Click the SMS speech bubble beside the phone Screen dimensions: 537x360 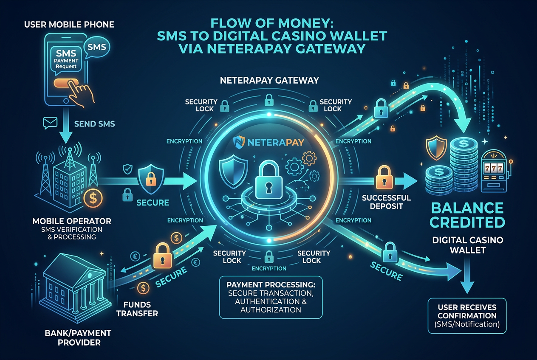coord(96,48)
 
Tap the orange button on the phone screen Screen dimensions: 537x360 coord(66,83)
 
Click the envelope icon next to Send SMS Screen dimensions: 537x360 coord(50,123)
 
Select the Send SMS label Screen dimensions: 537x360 coord(94,124)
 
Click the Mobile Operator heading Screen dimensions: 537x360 coord(72,221)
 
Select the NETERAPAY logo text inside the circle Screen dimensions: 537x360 coord(275,143)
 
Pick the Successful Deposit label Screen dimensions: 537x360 coord(386,202)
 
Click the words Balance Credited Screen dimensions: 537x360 coord(467,215)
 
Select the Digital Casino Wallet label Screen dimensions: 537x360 coord(468,245)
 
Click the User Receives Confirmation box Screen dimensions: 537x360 coord(467,315)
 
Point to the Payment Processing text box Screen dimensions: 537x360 coord(271,297)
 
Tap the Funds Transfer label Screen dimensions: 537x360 coord(137,309)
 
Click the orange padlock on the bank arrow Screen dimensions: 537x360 coord(163,256)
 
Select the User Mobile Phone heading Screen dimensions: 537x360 coord(69,25)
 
